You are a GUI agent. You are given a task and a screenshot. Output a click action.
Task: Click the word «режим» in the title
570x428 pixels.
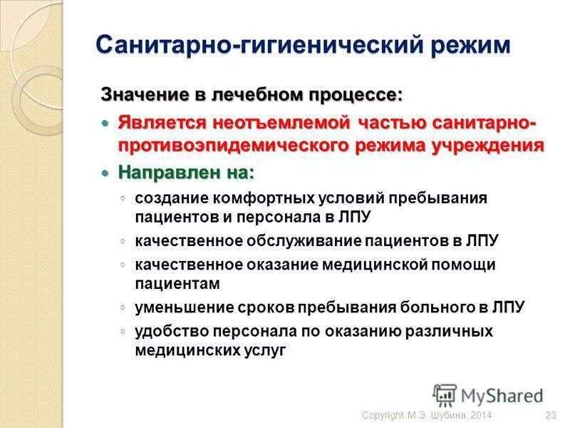(470, 46)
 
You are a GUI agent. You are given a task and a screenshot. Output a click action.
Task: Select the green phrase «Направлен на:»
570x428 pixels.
(186, 173)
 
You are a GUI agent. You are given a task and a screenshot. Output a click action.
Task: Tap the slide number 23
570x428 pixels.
(550, 416)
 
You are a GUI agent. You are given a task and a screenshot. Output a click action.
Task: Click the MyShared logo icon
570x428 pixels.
(445, 395)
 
